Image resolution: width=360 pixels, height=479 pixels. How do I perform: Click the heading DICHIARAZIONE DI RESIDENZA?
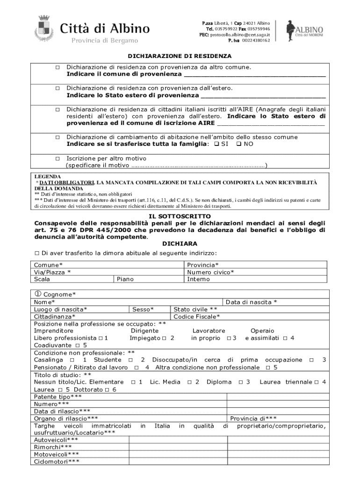[x=180, y=56]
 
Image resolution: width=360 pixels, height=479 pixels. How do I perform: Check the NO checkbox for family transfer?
[x=239, y=144]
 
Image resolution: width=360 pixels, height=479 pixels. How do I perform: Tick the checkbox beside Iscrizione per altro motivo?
[x=57, y=159]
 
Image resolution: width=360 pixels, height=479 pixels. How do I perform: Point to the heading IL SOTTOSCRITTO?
[x=180, y=217]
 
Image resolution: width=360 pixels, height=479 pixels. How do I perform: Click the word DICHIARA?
[x=180, y=244]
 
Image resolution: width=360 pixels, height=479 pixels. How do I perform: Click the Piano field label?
[x=125, y=279]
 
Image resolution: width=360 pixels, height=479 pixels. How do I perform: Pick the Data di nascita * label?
[x=252, y=302]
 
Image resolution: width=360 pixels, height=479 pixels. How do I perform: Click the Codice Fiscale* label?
[x=196, y=317]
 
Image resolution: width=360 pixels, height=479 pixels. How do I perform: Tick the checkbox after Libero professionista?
[x=101, y=338]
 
